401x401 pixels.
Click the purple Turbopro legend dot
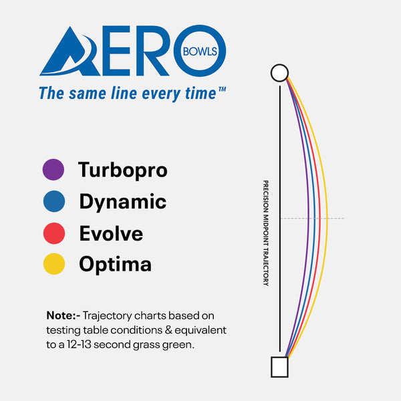(x=53, y=170)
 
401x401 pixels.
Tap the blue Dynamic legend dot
(x=53, y=202)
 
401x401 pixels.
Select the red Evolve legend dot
(x=53, y=233)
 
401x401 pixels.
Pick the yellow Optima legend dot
(x=53, y=265)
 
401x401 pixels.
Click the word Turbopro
(x=122, y=170)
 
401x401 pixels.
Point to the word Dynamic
(x=122, y=201)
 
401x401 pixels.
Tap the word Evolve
(x=111, y=233)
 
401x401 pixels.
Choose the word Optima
(x=115, y=265)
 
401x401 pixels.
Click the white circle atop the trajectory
(x=279, y=72)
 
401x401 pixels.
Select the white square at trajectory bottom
(x=279, y=367)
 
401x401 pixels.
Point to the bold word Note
(x=62, y=315)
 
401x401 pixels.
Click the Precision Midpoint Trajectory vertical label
(x=265, y=233)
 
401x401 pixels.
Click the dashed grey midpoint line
(x=334, y=219)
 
